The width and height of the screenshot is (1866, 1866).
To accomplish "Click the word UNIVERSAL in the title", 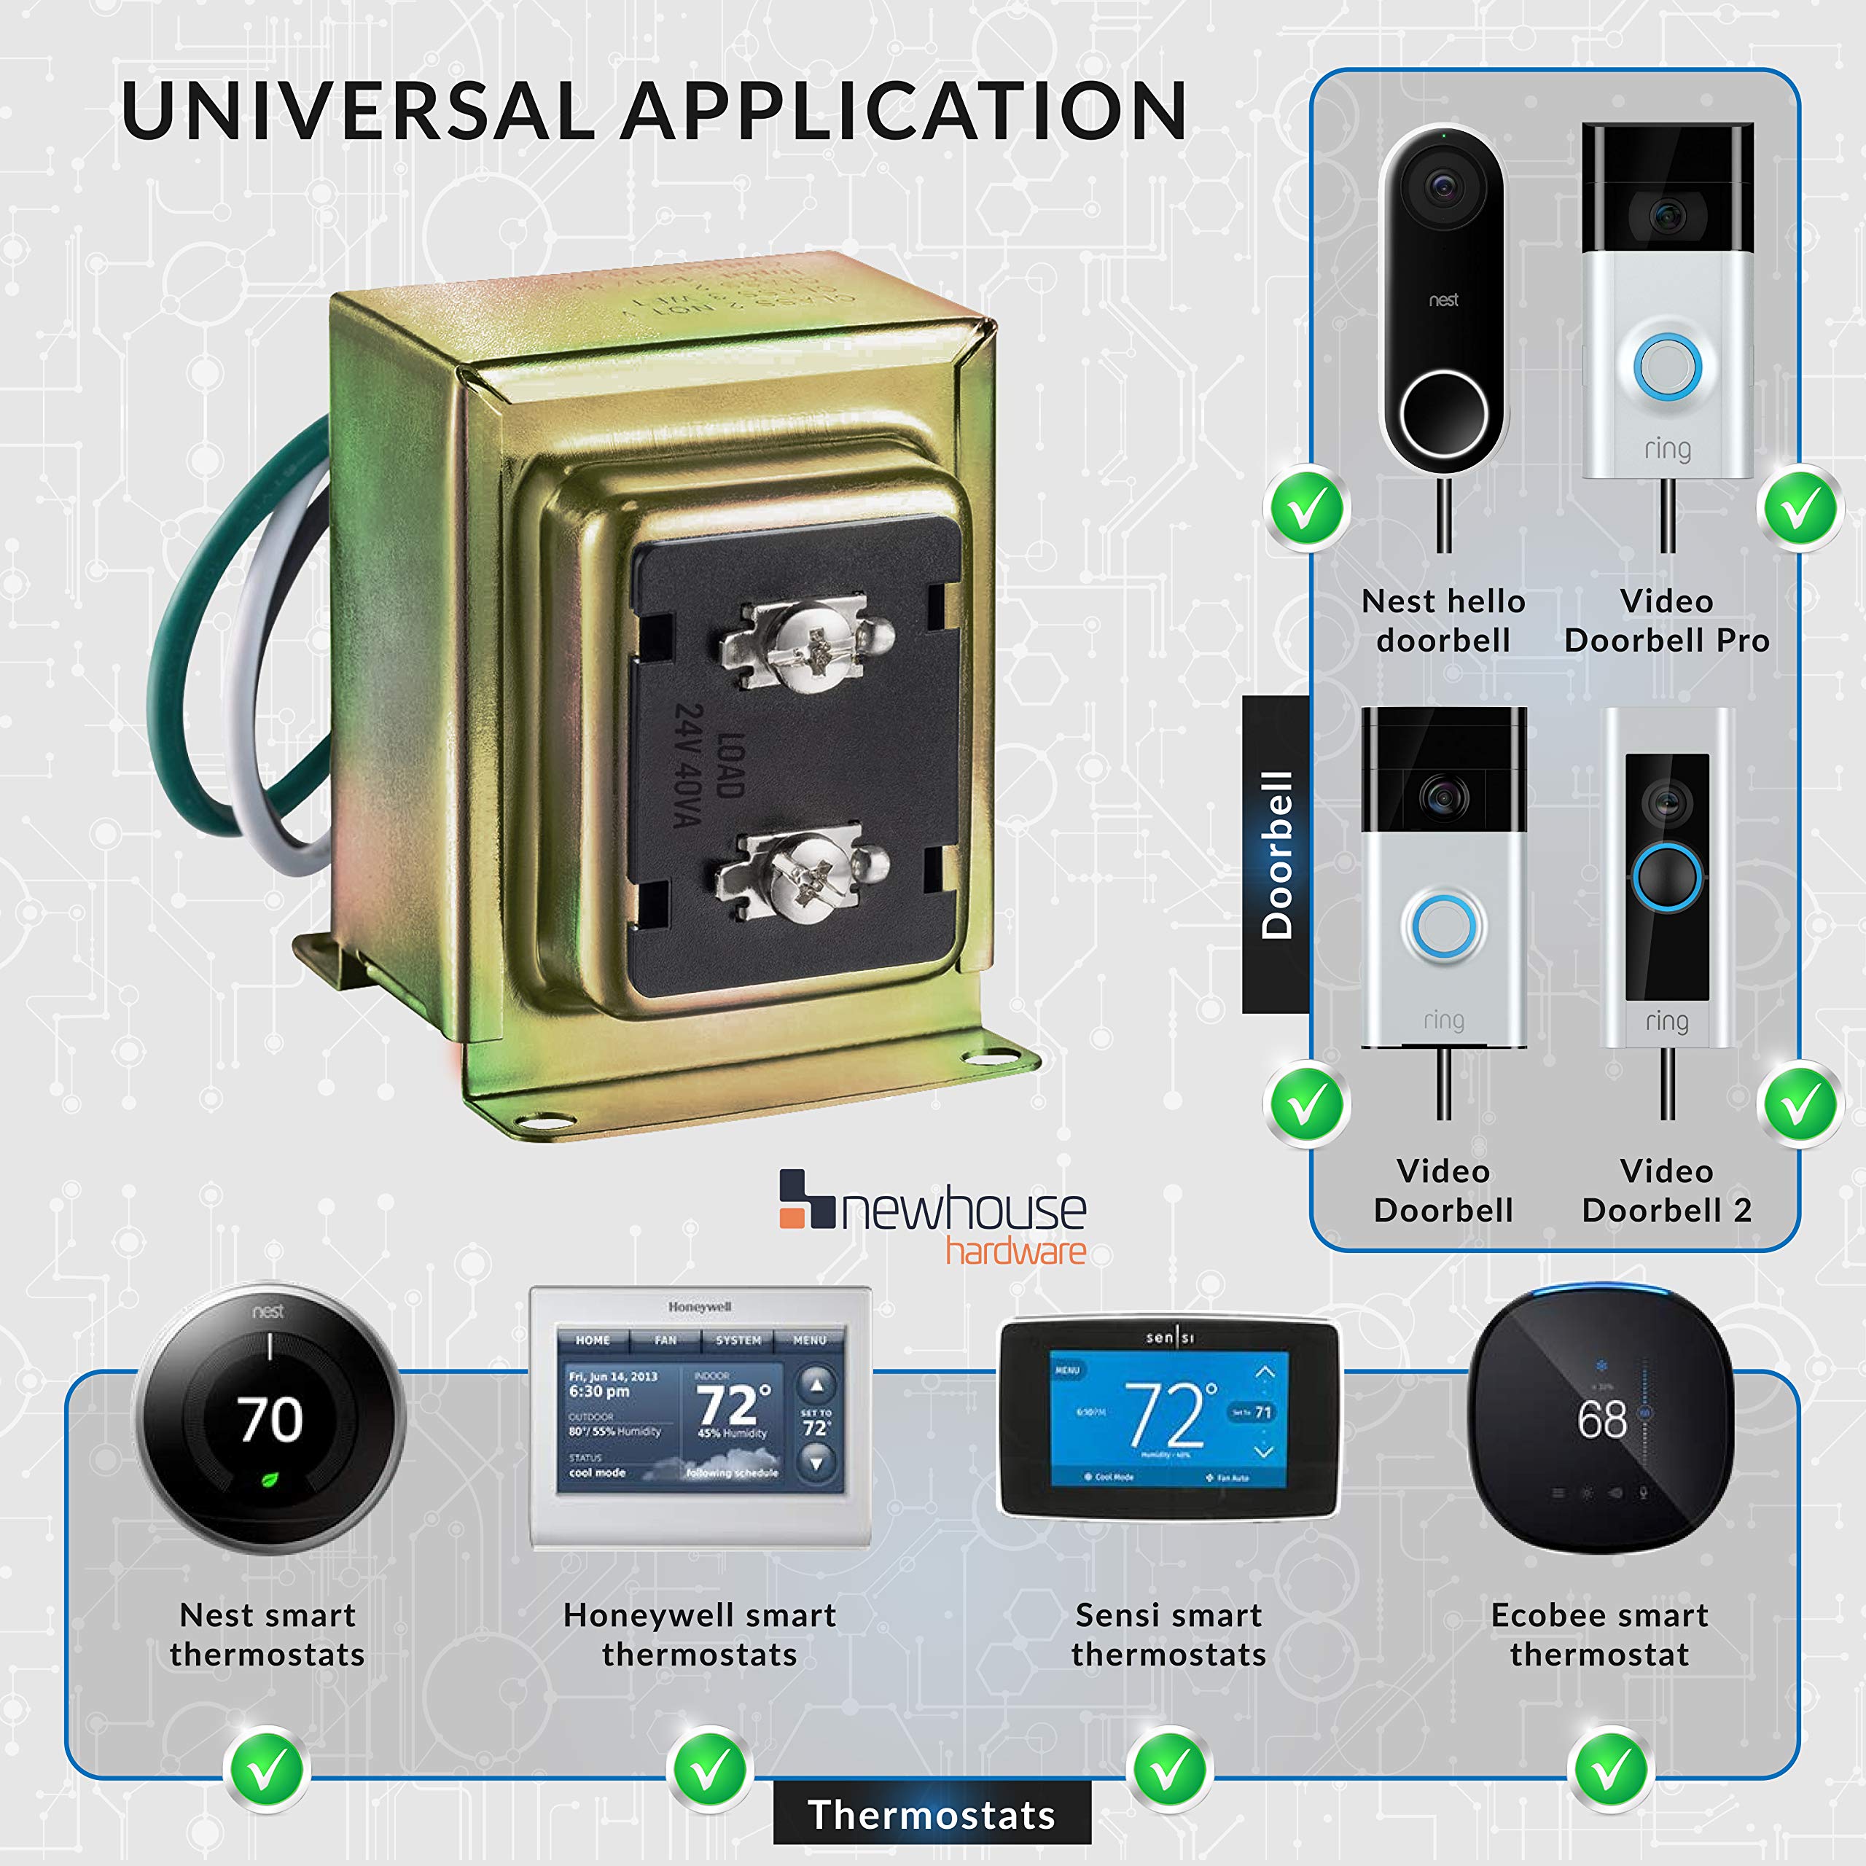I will [x=357, y=110].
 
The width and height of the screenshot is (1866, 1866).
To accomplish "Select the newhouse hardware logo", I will [x=933, y=1215].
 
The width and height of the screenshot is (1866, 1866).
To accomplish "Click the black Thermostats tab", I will [x=932, y=1814].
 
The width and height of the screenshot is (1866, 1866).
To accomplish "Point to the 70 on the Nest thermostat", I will [x=270, y=1419].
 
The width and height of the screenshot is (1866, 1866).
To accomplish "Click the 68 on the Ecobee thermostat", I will [x=1601, y=1419].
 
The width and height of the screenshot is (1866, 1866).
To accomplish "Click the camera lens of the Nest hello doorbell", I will [x=1443, y=185].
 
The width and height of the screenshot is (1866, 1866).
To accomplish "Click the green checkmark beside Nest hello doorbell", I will [x=1307, y=509].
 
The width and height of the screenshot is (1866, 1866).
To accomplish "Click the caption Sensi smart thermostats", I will [x=1168, y=1634].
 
